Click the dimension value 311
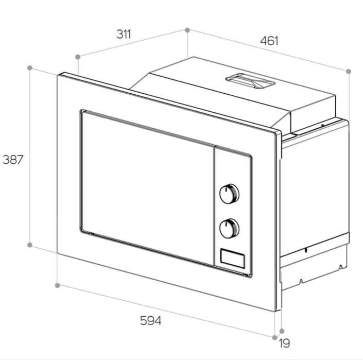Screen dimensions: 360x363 click(124, 35)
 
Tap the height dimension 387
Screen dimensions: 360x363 click(13, 160)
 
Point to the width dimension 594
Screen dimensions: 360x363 click(151, 320)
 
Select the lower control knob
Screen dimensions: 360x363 click(230, 228)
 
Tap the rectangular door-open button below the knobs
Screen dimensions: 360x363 click(232, 257)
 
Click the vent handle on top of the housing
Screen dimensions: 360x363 click(249, 80)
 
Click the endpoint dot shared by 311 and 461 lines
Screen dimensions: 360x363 click(187, 30)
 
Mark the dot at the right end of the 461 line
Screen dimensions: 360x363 click(349, 71)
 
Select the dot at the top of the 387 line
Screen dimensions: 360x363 click(30, 67)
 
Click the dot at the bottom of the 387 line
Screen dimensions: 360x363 click(30, 245)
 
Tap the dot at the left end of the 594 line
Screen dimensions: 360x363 click(58, 284)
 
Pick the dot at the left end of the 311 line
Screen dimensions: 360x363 click(77, 56)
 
